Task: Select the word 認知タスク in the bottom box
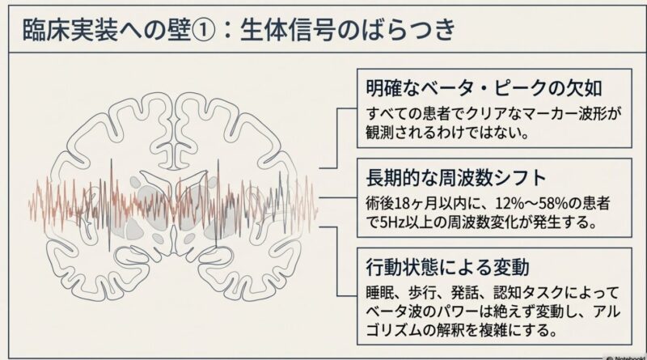point(515,290)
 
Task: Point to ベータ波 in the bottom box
point(391,310)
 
